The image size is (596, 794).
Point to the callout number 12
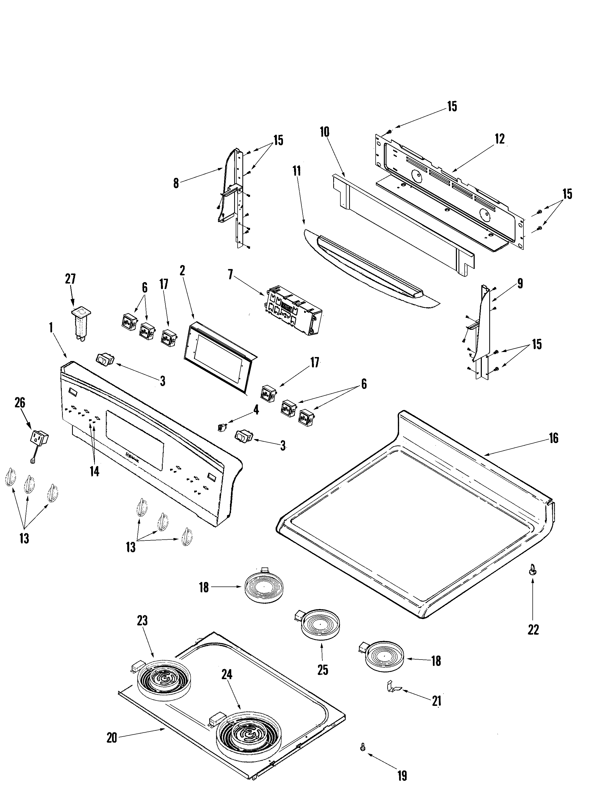click(499, 139)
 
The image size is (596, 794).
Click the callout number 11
click(296, 171)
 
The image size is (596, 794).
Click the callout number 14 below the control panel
click(94, 471)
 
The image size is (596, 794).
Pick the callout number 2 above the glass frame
click(182, 271)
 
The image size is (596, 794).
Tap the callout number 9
click(520, 283)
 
